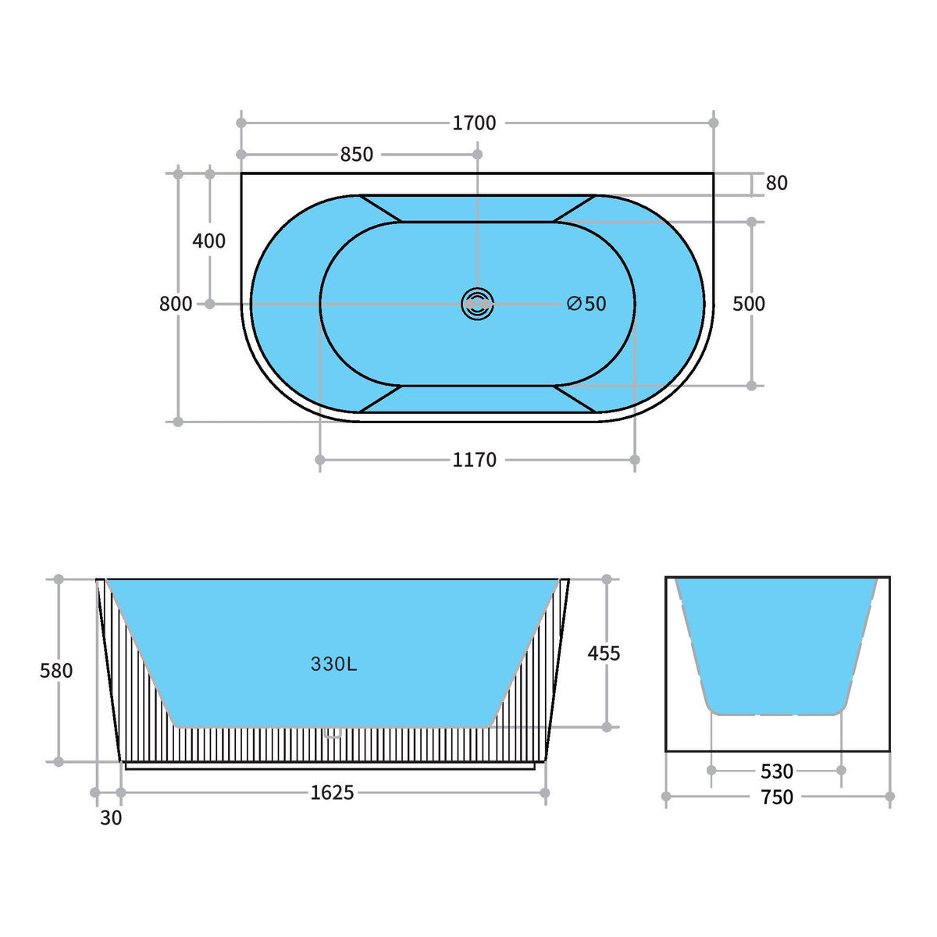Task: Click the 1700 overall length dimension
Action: [474, 123]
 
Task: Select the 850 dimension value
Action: [356, 155]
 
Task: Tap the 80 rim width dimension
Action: [776, 183]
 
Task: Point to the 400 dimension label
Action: [208, 240]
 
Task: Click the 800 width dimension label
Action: [176, 304]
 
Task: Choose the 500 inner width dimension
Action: [748, 304]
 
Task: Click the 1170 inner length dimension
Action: [474, 459]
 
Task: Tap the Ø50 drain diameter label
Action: [586, 304]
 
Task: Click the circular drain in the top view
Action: [477, 305]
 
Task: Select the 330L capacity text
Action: [333, 664]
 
